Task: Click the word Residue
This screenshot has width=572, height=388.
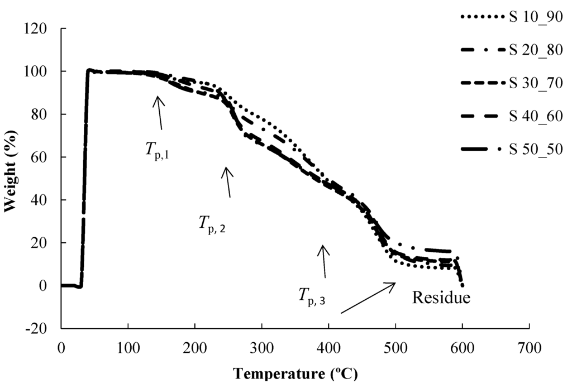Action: (x=441, y=297)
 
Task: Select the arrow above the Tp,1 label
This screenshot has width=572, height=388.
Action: (x=160, y=112)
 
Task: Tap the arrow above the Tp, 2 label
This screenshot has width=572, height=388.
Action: (x=227, y=181)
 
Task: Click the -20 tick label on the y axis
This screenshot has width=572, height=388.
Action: (x=45, y=328)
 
